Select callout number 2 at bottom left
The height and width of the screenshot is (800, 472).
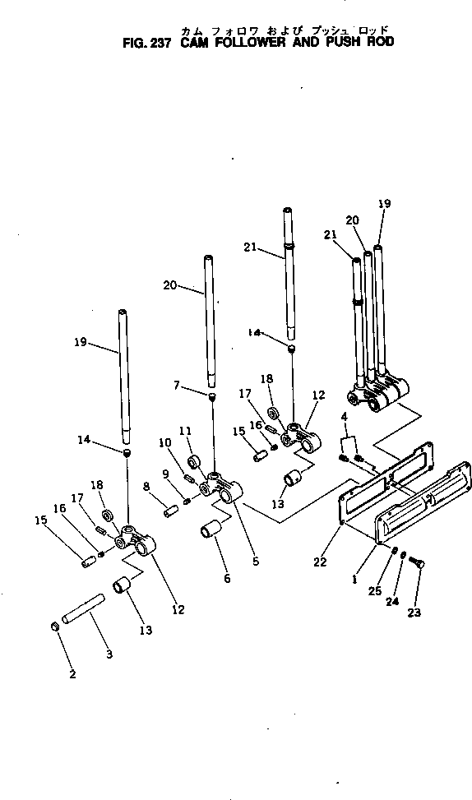72,674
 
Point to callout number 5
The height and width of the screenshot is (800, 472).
256,562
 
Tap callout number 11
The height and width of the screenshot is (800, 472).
184,430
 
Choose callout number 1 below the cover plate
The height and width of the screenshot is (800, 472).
354,579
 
